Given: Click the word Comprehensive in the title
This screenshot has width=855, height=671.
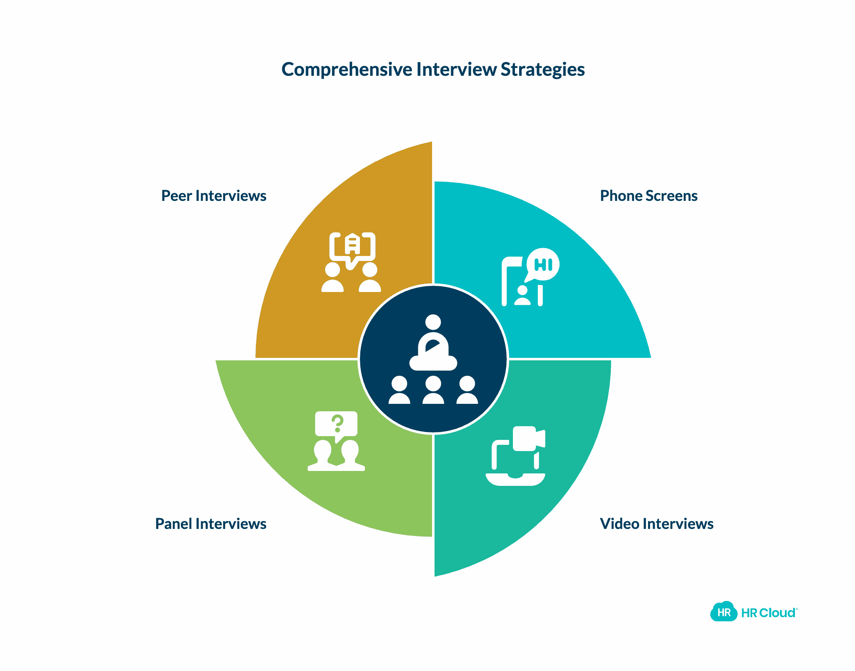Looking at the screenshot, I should click(x=347, y=70).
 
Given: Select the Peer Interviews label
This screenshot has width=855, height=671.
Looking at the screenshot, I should click(x=214, y=196).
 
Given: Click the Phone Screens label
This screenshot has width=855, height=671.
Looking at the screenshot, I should click(x=649, y=196).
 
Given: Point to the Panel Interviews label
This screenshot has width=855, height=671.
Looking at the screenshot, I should click(x=211, y=524).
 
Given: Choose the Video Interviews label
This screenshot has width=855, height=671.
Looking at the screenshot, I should click(x=656, y=524).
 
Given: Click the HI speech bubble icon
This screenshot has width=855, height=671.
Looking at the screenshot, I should click(x=543, y=264).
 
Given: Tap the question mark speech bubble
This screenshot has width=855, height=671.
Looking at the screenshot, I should click(x=336, y=424).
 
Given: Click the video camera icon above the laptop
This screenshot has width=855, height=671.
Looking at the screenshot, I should click(x=527, y=439).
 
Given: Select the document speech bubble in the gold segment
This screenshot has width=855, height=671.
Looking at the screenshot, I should click(x=352, y=248).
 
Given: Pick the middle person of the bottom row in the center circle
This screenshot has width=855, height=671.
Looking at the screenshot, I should click(x=433, y=390).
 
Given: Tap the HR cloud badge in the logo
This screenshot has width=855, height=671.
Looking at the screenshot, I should click(x=724, y=612).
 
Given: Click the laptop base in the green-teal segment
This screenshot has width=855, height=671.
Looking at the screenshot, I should click(x=515, y=480).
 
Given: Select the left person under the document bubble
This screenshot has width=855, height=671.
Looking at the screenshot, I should click(x=333, y=278).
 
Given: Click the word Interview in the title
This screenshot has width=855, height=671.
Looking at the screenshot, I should click(x=456, y=70).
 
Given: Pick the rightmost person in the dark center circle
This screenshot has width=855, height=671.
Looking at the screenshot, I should click(x=467, y=390).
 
